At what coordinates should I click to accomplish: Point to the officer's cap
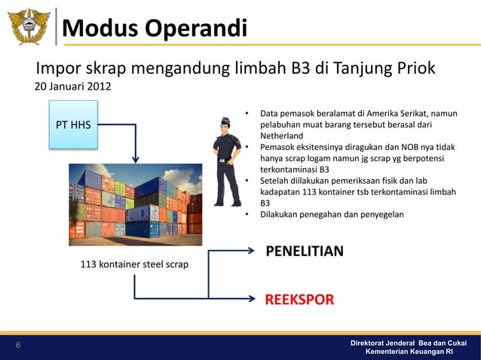click(x=227, y=121)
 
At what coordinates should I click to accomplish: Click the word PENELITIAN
click(x=305, y=250)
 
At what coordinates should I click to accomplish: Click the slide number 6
click(x=19, y=346)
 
